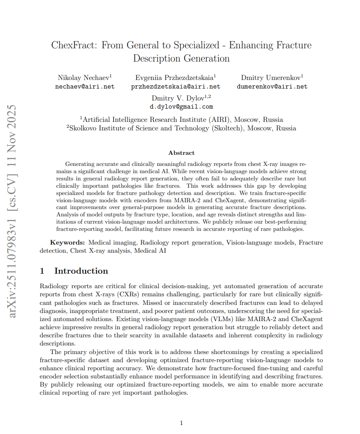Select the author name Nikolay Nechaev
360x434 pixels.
click(x=84, y=77)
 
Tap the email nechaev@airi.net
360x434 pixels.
click(x=85, y=86)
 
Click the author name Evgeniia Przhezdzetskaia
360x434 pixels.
click(x=175, y=77)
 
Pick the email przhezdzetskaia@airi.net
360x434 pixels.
click(x=176, y=86)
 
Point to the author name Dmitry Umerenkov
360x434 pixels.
click(x=271, y=77)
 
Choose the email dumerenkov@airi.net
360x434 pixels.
click(x=272, y=86)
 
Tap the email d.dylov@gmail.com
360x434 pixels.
click(x=181, y=107)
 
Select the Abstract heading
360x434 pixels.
click(x=181, y=153)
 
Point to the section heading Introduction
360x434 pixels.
click(x=81, y=271)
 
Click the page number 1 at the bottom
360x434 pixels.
click(x=181, y=423)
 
